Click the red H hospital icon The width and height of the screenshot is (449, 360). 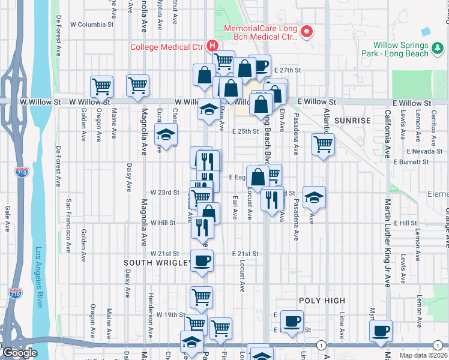[x=212, y=45]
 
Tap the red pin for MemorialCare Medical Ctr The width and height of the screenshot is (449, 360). [x=307, y=32]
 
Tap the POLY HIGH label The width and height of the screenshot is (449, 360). [x=322, y=301]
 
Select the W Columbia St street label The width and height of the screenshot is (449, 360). [x=91, y=25]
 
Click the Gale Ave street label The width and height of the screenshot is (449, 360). [x=7, y=219]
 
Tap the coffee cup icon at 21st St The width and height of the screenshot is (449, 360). [x=202, y=261]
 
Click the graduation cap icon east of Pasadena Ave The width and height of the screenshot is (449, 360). [x=313, y=197]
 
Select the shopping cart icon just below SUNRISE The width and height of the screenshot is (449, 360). [x=323, y=145]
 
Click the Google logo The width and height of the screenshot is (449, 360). [x=19, y=353]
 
